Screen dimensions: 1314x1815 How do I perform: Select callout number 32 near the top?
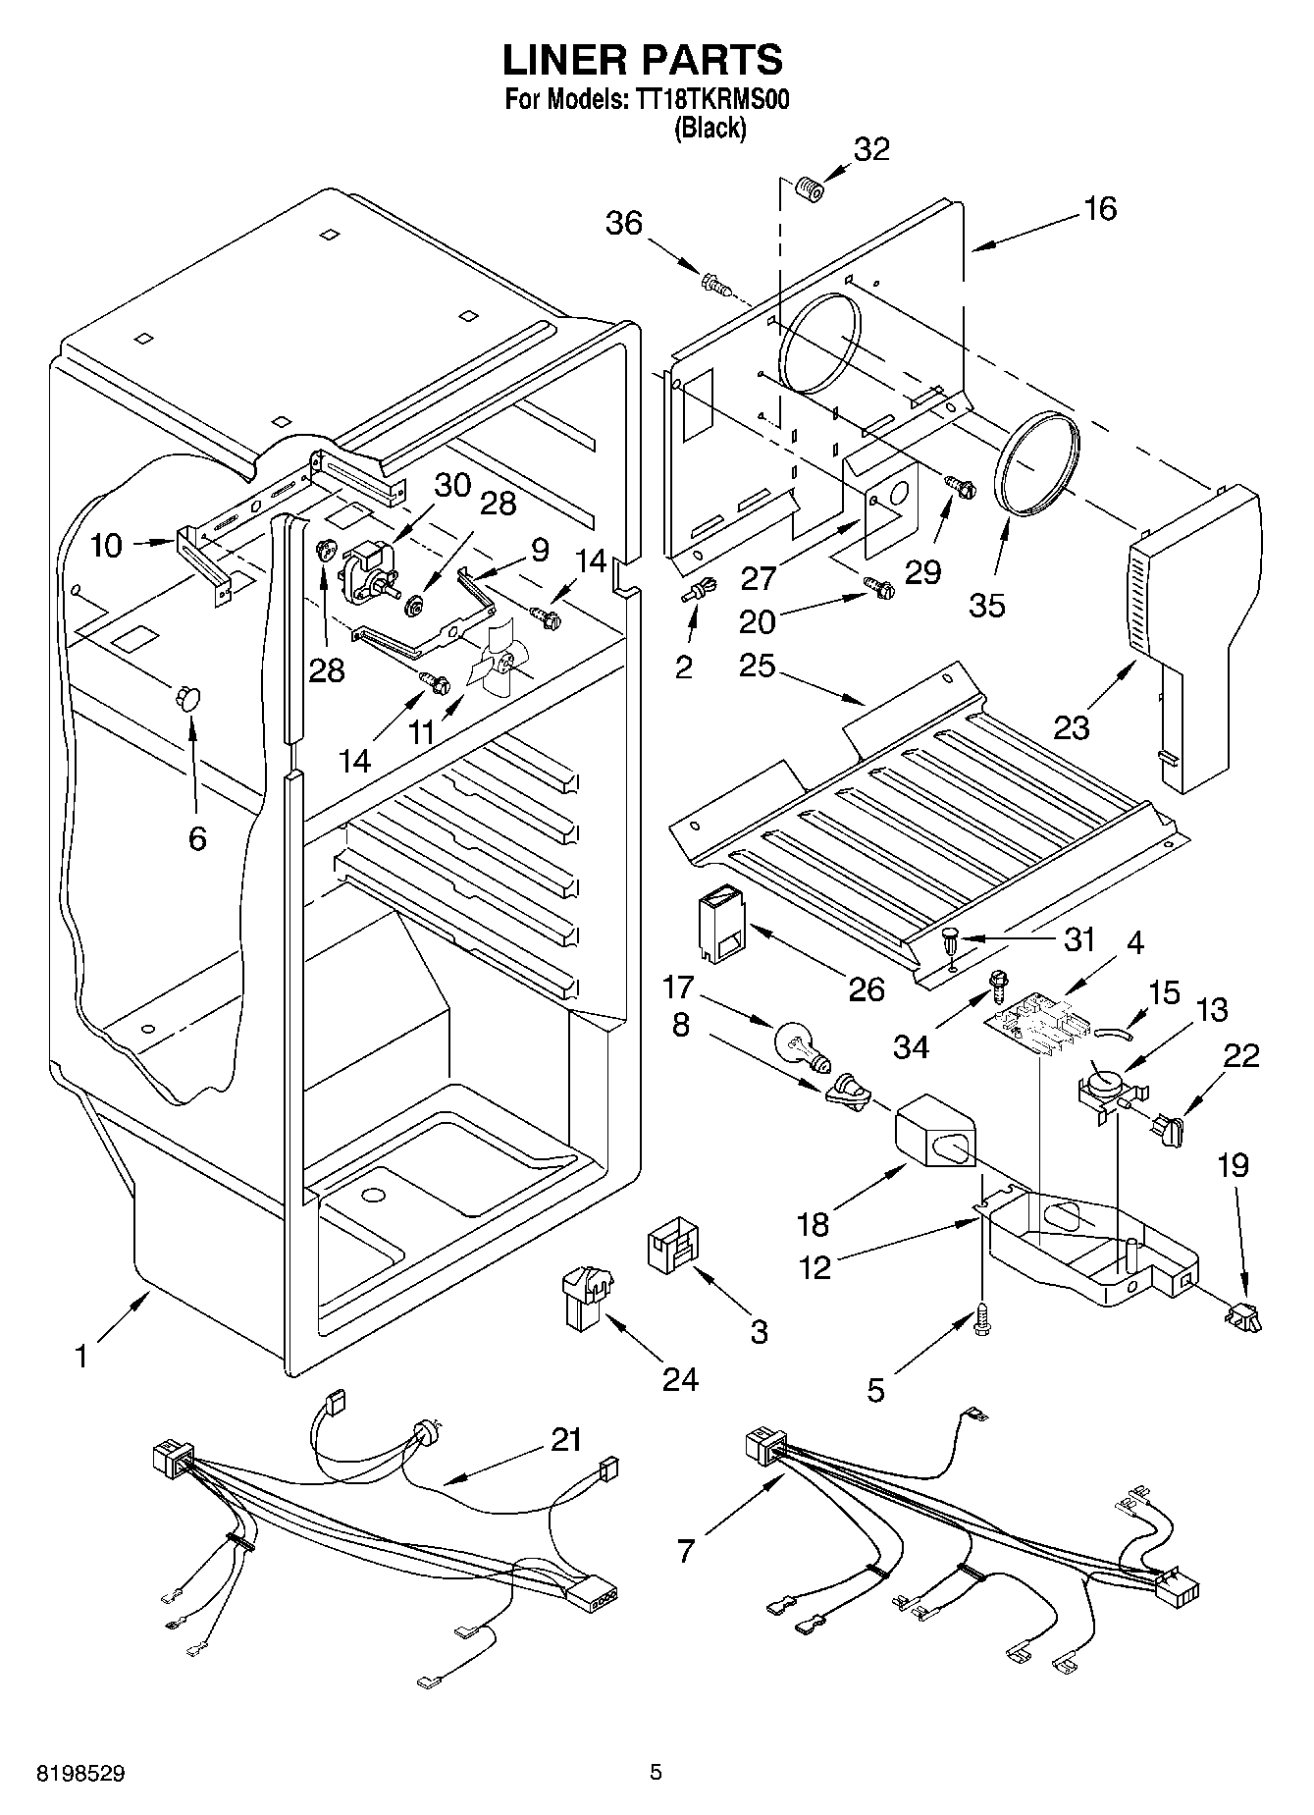point(871,149)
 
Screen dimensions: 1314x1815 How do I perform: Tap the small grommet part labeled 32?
point(810,187)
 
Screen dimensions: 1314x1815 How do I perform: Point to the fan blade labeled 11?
point(498,659)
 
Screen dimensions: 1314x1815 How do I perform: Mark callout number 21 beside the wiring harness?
point(567,1440)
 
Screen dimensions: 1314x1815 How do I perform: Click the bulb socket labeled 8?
point(846,1091)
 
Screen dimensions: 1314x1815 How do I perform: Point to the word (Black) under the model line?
point(710,128)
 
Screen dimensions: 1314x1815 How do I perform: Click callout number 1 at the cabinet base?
point(82,1358)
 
